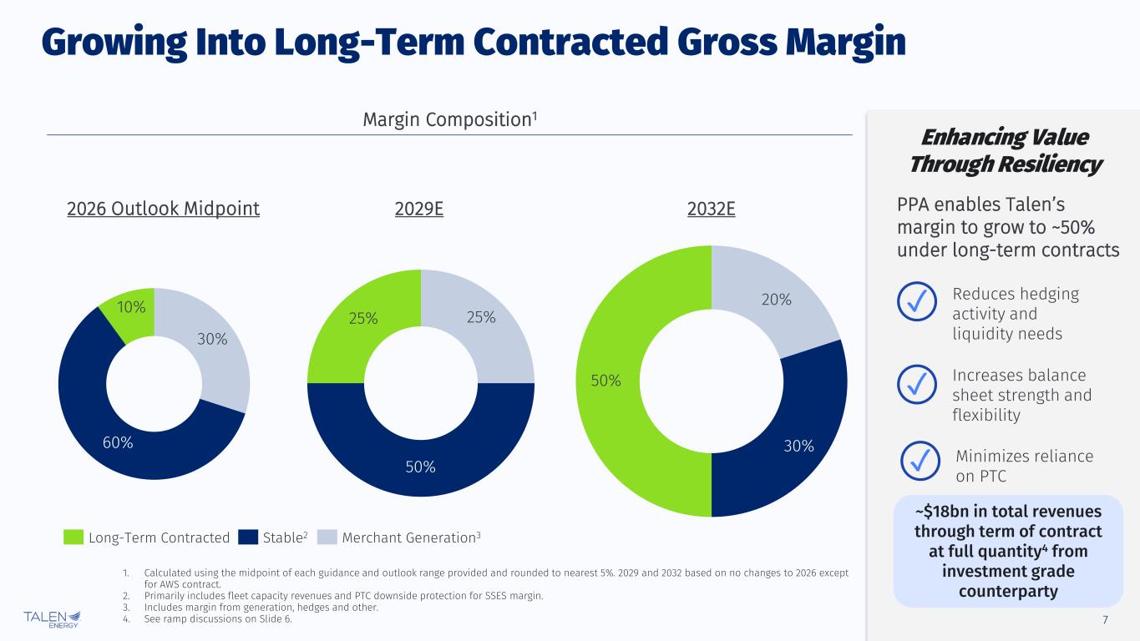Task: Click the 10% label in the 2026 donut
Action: click(x=132, y=307)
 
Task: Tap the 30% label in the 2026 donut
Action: click(x=211, y=339)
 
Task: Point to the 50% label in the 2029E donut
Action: click(x=421, y=467)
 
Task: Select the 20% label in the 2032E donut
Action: click(x=777, y=299)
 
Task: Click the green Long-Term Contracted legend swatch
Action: click(x=73, y=538)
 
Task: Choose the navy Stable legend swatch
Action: click(x=248, y=538)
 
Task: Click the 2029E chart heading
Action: click(x=418, y=209)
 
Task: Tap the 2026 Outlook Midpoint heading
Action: click(x=163, y=209)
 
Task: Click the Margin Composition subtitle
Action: click(x=449, y=121)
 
